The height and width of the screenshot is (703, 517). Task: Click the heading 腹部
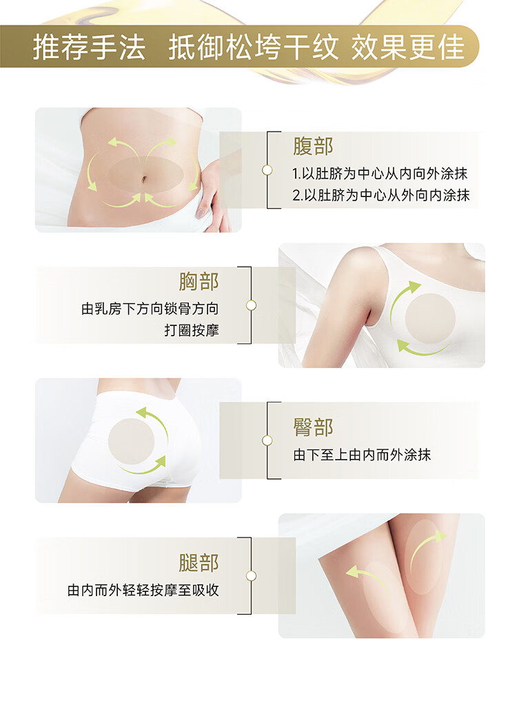[x=312, y=146]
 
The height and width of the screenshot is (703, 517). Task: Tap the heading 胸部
[x=199, y=282]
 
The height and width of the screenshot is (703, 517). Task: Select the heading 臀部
[x=312, y=427]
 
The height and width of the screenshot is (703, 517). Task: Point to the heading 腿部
[x=199, y=562]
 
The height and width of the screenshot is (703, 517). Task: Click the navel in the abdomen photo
[x=144, y=179]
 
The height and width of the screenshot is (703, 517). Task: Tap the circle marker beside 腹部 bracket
[x=267, y=170]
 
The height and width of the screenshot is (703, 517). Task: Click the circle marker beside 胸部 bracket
[x=251, y=305]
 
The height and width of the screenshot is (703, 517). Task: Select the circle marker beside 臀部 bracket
[x=267, y=440]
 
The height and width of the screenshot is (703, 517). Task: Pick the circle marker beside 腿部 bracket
[x=251, y=575]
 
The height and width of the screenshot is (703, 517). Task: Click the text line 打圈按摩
[x=192, y=330]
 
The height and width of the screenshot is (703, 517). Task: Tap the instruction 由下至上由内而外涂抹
[x=362, y=455]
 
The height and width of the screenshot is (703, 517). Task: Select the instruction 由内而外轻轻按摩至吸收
[x=143, y=590]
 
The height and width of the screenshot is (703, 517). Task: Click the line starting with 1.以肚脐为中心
[x=380, y=174]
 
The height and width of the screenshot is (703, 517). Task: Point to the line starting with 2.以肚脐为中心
[x=381, y=195]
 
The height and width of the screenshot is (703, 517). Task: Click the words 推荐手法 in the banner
[x=89, y=47]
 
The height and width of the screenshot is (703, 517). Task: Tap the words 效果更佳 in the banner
[x=407, y=47]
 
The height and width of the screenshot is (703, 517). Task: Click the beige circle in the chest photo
[x=430, y=319]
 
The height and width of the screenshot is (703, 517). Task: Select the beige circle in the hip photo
[x=132, y=441]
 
